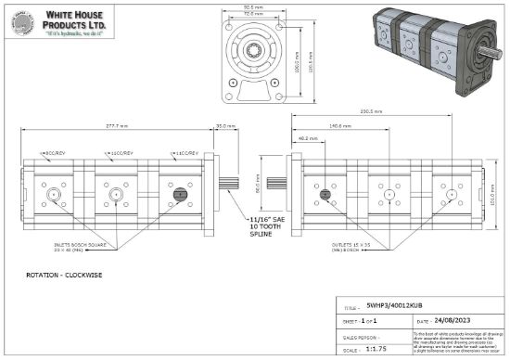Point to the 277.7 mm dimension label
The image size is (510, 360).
click(116, 124)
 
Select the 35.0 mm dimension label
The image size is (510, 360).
click(224, 124)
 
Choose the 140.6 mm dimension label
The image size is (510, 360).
click(339, 124)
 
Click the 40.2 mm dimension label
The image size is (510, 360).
click(308, 138)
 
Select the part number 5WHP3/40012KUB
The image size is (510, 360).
click(399, 304)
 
